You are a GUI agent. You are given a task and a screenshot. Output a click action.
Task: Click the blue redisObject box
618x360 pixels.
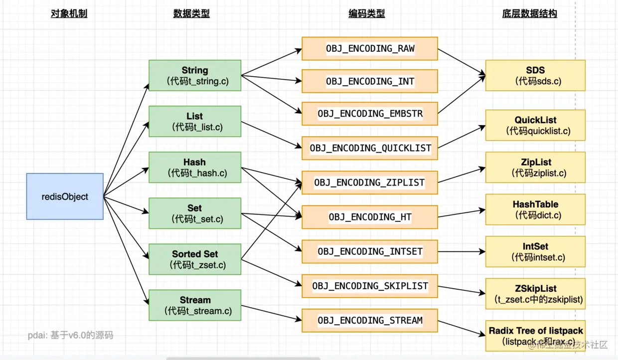[65, 196]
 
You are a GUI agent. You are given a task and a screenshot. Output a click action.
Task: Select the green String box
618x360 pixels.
[195, 76]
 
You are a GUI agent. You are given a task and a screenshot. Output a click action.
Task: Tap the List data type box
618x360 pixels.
[195, 122]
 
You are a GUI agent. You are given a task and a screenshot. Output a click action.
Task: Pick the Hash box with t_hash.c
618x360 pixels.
[195, 168]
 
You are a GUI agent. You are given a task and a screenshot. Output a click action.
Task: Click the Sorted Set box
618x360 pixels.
[195, 259]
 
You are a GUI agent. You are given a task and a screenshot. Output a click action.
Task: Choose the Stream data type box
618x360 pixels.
[195, 305]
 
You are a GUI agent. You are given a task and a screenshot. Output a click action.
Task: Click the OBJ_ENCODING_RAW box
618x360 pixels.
[370, 48]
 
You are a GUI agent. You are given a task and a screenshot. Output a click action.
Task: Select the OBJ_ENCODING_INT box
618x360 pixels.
[370, 81]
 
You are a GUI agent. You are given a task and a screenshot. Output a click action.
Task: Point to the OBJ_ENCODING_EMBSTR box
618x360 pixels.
[370, 113]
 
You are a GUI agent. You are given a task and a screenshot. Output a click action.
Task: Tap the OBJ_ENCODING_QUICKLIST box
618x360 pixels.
[370, 148]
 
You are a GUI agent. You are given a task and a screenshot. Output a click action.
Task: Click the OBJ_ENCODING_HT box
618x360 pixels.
[370, 217]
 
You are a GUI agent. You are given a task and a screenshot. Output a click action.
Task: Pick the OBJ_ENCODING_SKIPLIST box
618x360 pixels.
[370, 286]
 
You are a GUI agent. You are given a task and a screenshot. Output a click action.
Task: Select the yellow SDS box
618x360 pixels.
[535, 75]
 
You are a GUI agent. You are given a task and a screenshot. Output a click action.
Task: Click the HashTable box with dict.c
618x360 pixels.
[535, 209]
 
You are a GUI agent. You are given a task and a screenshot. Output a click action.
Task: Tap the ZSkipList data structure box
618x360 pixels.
[535, 294]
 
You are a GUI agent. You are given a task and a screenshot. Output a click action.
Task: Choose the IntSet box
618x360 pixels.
[535, 252]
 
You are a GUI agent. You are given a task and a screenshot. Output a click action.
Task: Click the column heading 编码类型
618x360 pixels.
[366, 14]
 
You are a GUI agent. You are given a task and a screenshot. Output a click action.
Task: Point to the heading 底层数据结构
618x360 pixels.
[529, 14]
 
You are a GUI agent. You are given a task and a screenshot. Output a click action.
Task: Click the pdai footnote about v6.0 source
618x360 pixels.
[70, 335]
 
